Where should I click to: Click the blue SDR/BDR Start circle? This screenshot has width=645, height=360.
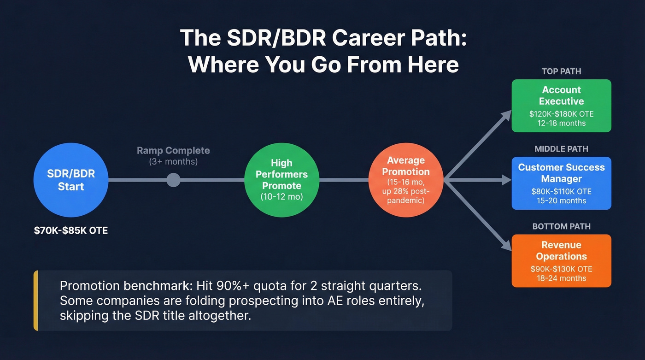point(71,180)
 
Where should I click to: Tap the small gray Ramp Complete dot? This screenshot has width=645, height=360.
point(173,180)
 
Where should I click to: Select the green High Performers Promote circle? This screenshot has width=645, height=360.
point(281,180)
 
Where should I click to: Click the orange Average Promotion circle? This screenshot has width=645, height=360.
point(405,180)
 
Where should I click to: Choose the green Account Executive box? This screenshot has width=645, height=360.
point(561,106)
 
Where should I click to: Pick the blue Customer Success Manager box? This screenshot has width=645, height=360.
point(561,183)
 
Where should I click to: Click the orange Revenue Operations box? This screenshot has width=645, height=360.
point(561,260)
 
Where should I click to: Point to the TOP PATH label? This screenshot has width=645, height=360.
point(561,71)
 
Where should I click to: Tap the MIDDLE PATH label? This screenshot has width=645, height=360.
point(561,149)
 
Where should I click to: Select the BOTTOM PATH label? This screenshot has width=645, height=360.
point(561,226)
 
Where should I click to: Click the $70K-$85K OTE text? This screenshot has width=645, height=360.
point(71,230)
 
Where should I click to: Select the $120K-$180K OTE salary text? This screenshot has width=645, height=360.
point(561,114)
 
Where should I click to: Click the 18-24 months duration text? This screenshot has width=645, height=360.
point(561,278)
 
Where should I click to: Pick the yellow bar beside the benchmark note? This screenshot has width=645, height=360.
point(35,301)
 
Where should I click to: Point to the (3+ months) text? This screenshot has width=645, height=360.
point(173,162)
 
